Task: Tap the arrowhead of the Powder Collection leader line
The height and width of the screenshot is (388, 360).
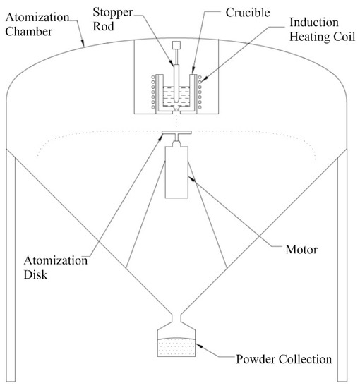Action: coord(201,346)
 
